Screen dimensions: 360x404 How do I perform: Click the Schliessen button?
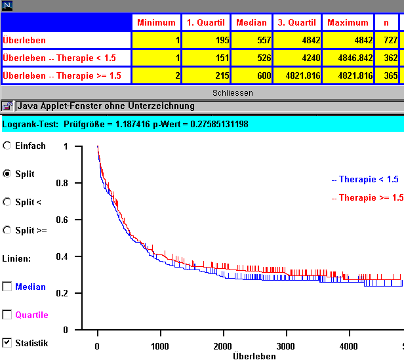click(x=232, y=93)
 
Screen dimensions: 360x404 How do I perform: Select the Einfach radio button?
click(x=7, y=146)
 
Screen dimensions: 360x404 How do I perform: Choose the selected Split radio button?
click(x=7, y=174)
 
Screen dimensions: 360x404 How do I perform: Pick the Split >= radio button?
click(x=7, y=230)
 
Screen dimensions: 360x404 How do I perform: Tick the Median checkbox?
click(x=7, y=287)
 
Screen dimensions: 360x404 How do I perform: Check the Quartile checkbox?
click(x=7, y=315)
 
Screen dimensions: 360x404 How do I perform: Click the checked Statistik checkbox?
click(x=7, y=342)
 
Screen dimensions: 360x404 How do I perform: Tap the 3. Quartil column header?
click(x=296, y=22)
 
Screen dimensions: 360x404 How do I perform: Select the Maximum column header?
click(x=348, y=22)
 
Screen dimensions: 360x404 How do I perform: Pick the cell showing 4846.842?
click(x=348, y=58)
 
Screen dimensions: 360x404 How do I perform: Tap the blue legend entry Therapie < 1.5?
click(x=365, y=179)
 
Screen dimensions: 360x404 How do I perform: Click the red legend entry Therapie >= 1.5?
click(x=367, y=197)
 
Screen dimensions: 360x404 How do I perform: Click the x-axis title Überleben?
click(x=254, y=355)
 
